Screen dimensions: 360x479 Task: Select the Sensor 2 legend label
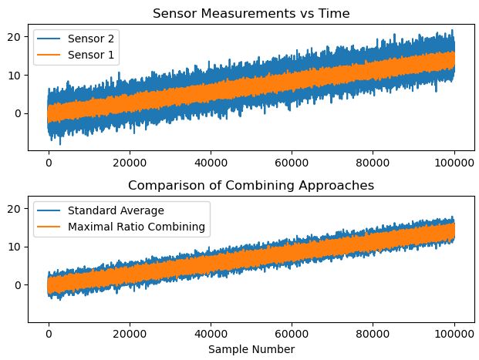click(86, 38)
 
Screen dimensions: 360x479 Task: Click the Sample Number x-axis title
click(251, 349)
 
